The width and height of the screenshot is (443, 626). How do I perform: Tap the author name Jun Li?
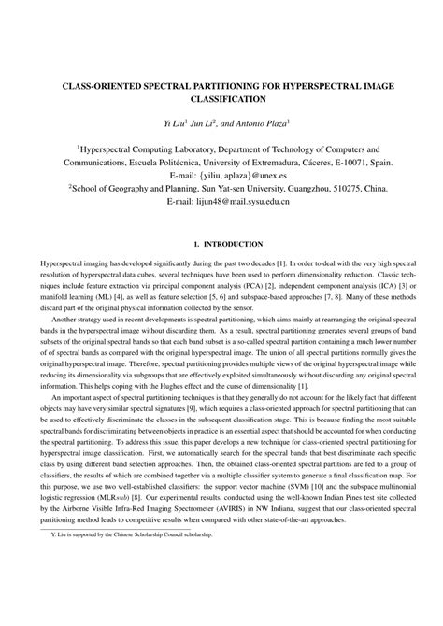click(x=198, y=121)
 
